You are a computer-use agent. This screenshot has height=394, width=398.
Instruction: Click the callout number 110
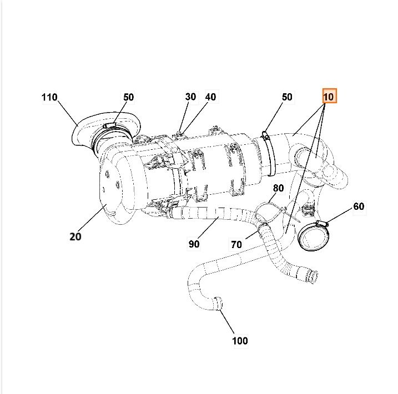49,98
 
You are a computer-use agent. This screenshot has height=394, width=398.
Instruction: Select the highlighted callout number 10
329,97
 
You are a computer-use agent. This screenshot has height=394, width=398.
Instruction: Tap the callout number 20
75,236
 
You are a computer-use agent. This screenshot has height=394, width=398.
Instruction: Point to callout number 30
190,97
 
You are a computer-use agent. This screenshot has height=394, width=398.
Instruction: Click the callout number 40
210,97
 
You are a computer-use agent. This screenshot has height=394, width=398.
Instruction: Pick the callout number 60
359,206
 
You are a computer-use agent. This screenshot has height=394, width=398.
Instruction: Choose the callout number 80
278,188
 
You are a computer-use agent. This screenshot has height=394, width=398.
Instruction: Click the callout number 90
194,244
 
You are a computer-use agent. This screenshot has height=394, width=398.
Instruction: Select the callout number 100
240,341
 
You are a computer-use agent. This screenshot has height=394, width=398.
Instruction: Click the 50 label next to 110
128,97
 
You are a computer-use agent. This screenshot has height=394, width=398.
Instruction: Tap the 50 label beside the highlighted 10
286,97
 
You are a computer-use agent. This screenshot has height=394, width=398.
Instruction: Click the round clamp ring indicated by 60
311,235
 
